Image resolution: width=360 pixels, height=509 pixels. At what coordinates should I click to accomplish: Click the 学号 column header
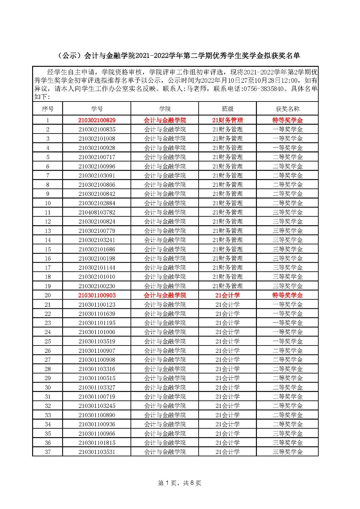[97, 109]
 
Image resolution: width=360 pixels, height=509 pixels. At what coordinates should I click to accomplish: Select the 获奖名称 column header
[287, 109]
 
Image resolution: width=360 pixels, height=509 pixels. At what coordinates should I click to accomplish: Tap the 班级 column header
[227, 109]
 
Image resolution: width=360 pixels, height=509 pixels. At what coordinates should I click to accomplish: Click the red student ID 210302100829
[97, 120]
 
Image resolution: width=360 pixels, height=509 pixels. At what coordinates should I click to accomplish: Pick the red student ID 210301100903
[97, 295]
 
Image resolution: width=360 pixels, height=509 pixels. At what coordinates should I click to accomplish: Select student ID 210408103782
[97, 212]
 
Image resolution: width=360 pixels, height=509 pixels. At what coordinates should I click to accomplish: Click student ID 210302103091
[97, 175]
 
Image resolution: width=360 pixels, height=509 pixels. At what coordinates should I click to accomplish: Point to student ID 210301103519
[97, 341]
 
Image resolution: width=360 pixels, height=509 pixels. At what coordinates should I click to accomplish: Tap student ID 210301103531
[97, 452]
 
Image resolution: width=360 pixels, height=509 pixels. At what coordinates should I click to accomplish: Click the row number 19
[48, 286]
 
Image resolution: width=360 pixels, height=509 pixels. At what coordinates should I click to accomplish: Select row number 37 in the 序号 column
[48, 452]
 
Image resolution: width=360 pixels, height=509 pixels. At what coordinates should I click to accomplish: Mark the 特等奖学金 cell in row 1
[287, 120]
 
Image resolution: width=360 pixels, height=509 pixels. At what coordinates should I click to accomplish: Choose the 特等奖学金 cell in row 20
[287, 295]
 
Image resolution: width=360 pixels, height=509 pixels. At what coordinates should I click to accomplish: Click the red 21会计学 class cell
[227, 295]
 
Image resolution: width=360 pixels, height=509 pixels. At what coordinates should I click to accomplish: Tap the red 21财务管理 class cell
[227, 120]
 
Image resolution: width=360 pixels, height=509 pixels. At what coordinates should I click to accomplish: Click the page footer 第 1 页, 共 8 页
[180, 483]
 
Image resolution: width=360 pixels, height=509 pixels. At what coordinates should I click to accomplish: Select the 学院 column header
[165, 109]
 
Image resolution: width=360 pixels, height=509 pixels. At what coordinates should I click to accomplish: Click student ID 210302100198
[97, 258]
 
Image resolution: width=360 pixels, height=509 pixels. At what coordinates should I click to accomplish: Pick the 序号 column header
[48, 109]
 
